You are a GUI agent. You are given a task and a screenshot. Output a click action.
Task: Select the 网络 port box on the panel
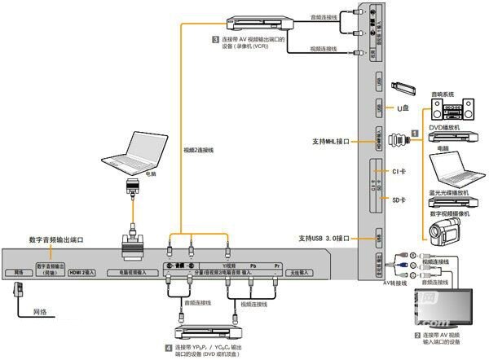[x=17, y=271]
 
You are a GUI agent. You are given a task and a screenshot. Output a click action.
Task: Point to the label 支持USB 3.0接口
[x=326, y=238]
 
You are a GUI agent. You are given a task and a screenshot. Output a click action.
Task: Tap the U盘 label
[x=401, y=108]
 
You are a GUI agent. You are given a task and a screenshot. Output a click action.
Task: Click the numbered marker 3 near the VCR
[x=215, y=39]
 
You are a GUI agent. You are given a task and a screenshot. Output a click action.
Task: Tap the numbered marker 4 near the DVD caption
[x=169, y=349]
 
